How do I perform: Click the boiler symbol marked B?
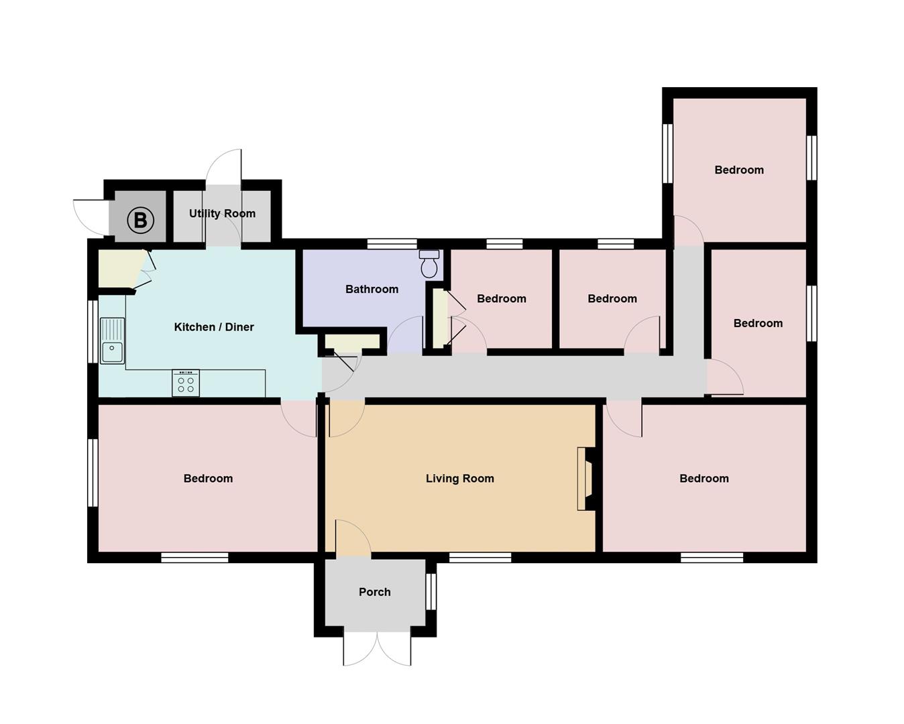(x=140, y=220)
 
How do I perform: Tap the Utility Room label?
(x=222, y=213)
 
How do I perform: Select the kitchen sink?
(x=112, y=341)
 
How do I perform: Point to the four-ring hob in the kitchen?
(x=186, y=383)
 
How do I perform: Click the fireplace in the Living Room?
(x=587, y=479)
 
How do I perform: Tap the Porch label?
(x=374, y=592)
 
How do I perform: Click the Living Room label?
(x=459, y=479)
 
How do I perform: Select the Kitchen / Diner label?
(x=214, y=327)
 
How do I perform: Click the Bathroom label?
(x=372, y=289)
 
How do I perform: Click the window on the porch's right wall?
(x=431, y=592)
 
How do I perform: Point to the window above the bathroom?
(x=392, y=244)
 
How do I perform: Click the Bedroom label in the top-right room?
(x=739, y=170)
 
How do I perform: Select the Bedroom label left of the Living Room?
(x=208, y=479)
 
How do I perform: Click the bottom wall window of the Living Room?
(x=480, y=557)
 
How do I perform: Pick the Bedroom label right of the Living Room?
(x=703, y=479)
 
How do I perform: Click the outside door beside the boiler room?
(x=91, y=217)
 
